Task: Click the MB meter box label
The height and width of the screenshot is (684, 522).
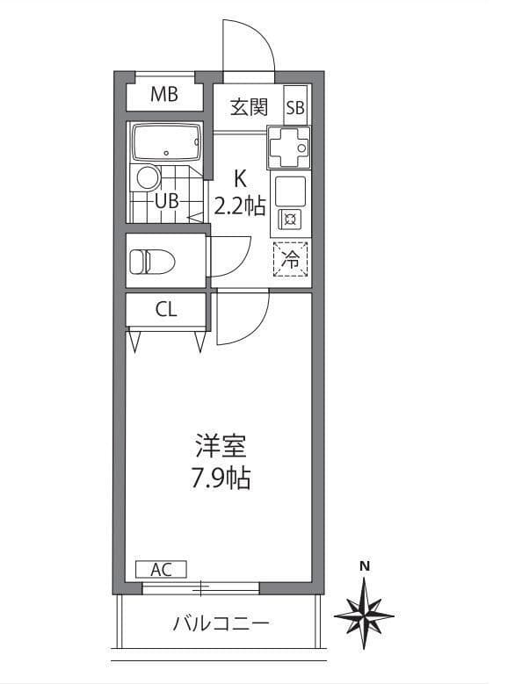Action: pos(164,94)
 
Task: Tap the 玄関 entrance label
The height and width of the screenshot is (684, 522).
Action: pos(249,107)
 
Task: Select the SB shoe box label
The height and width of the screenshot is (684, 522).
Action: pos(295,108)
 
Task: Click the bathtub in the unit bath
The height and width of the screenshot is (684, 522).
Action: pos(166,142)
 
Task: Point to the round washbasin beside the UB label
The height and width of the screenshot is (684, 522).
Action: pos(149,177)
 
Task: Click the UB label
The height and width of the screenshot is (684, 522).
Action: pos(167,202)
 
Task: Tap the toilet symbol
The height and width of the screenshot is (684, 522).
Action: pos(152,262)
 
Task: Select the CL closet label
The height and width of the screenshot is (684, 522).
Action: pos(166,309)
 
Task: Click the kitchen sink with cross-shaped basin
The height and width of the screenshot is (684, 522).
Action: pos(289,147)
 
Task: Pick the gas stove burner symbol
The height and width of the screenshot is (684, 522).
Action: pos(290,219)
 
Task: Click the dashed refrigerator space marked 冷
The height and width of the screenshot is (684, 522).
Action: pos(290,259)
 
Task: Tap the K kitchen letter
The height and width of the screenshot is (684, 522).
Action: pos(240,178)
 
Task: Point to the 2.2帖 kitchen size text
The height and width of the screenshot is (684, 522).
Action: pos(240,205)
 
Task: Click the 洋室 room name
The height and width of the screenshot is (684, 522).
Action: pos(221,445)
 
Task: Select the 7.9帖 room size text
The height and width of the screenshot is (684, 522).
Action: pos(221,479)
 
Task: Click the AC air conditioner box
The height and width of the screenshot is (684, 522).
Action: pos(161,569)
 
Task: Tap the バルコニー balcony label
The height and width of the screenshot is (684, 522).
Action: pos(221,623)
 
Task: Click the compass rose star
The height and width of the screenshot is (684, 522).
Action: pos(364,616)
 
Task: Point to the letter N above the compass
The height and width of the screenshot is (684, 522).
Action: pos(365,566)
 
